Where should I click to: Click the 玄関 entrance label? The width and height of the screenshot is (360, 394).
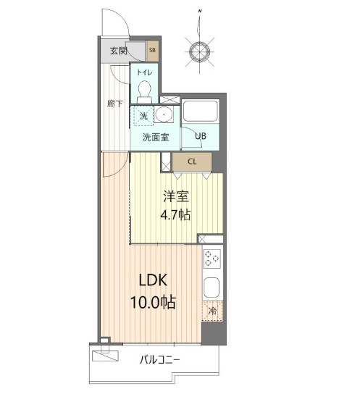(x=118, y=51)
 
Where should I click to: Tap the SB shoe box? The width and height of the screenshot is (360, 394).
(x=153, y=51)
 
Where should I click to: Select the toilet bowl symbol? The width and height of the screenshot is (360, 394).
(x=144, y=91)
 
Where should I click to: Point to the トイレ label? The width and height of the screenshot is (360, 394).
(x=144, y=72)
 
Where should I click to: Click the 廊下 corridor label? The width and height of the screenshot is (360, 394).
(x=115, y=104)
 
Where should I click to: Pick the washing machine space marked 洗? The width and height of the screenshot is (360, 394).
(x=143, y=116)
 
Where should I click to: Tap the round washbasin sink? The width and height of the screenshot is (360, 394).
(x=164, y=114)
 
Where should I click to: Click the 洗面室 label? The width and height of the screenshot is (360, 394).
(x=156, y=137)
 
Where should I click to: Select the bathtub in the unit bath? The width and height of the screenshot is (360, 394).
(x=200, y=112)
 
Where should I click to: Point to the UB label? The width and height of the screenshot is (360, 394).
(x=201, y=136)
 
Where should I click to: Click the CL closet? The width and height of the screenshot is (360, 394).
(x=192, y=162)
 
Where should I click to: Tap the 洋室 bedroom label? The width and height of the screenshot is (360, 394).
(x=176, y=196)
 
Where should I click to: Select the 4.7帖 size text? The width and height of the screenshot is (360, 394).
(x=175, y=215)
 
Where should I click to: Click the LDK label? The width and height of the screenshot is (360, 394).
(x=154, y=280)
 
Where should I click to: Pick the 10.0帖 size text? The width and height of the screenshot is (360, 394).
(x=153, y=302)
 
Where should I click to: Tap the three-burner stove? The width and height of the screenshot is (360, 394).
(x=212, y=259)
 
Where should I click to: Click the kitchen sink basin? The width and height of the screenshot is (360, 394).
(x=212, y=288)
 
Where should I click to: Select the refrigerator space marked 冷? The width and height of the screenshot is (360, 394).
(x=212, y=311)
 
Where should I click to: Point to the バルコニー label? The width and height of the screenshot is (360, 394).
(x=160, y=360)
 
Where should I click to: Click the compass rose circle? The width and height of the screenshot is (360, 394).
(x=200, y=52)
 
